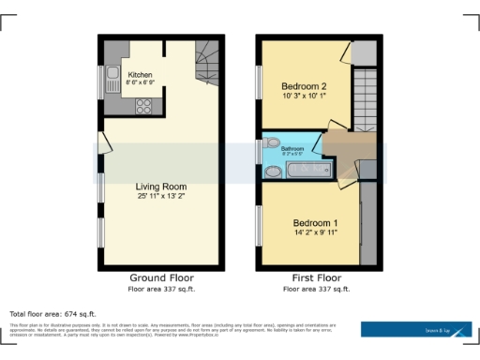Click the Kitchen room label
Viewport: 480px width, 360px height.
point(141,74)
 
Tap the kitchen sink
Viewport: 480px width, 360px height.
point(112,73)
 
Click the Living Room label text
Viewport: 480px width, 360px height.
point(162,187)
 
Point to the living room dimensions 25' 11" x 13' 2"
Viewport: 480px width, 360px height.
point(162,197)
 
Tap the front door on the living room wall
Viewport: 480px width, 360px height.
point(101,145)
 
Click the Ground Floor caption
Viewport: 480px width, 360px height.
point(161,278)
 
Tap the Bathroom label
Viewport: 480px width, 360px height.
point(292,148)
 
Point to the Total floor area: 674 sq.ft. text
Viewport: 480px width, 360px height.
point(52,313)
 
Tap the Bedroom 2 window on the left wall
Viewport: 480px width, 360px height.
point(259,82)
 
